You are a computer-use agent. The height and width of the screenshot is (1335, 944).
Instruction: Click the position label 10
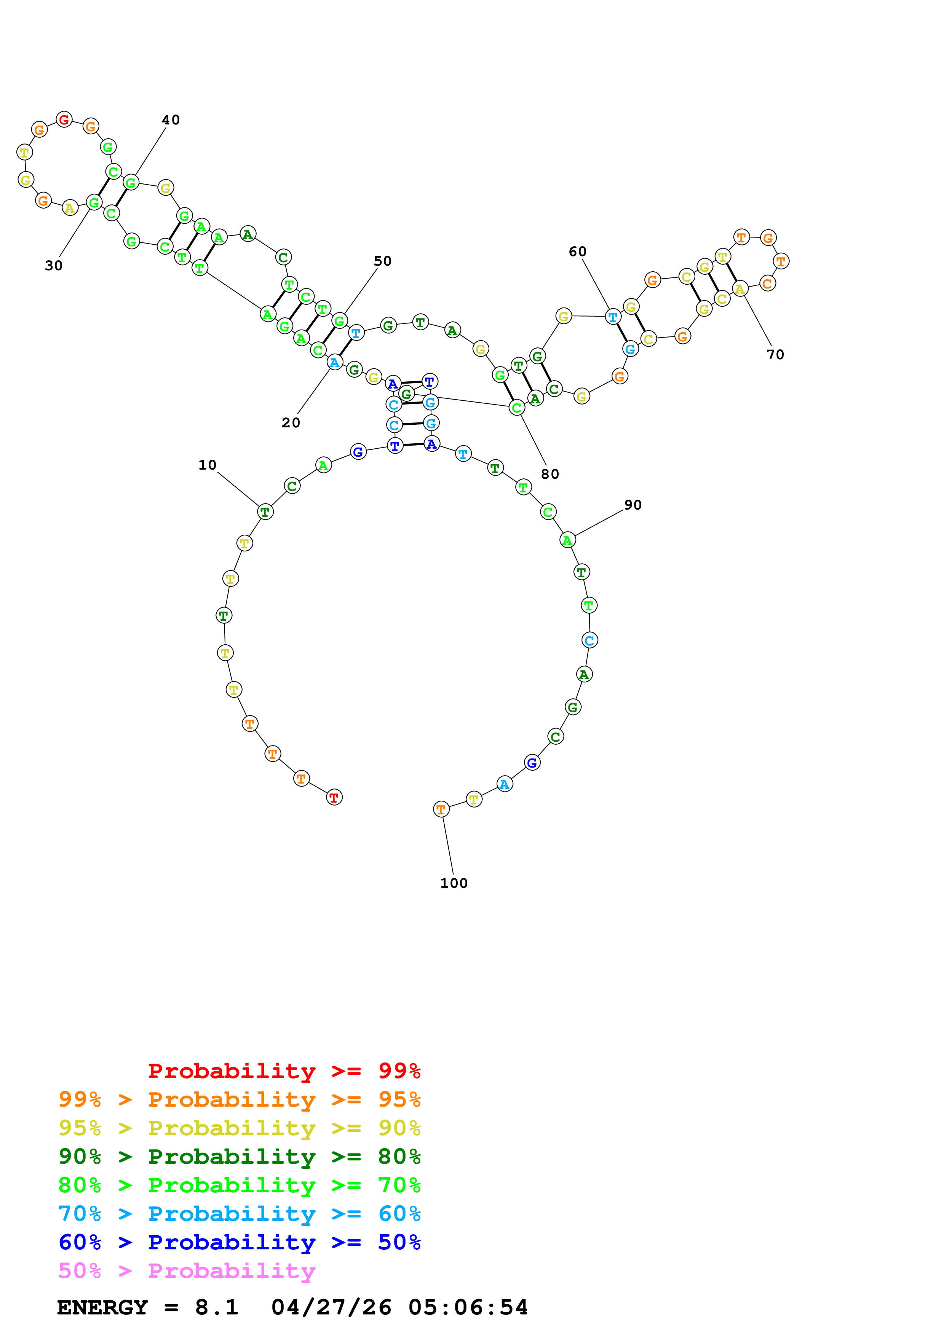coord(207,465)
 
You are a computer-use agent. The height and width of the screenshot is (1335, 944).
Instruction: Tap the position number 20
coord(291,423)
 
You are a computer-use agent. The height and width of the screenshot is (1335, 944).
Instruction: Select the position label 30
coord(54,266)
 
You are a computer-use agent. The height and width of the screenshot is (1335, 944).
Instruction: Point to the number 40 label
coord(171,120)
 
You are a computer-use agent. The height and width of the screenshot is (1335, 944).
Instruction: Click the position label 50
coord(382,261)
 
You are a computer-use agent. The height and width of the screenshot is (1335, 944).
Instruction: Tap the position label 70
coord(775,355)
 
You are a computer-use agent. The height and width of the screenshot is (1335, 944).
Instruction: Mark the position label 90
coord(633,505)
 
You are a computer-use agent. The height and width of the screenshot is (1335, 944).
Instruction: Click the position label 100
coord(454,883)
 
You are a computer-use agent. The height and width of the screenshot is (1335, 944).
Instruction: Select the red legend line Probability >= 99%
coord(284,1071)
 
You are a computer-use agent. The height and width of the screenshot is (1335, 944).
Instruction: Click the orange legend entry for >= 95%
coord(239,1099)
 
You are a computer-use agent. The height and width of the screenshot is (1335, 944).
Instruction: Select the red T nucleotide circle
coord(334,797)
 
